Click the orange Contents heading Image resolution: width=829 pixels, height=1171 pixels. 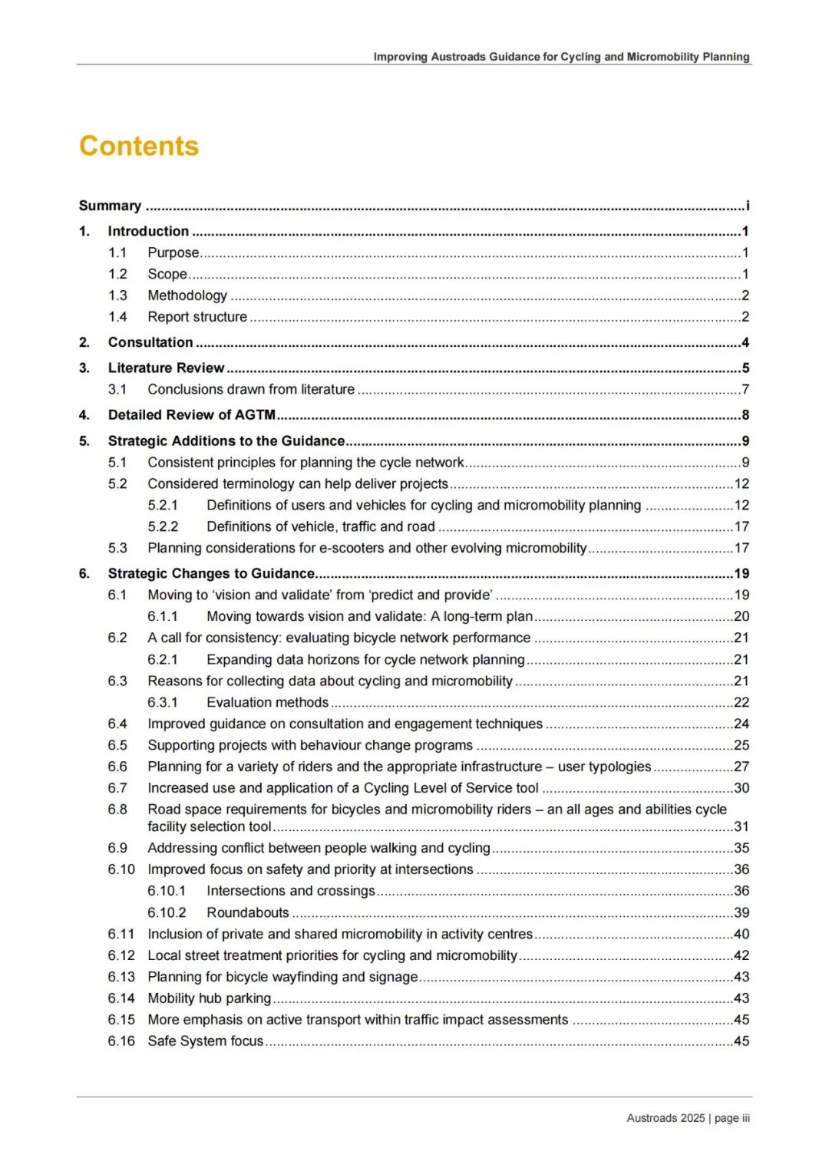pyautogui.click(x=139, y=146)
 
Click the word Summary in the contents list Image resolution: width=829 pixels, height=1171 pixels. pyautogui.click(x=110, y=206)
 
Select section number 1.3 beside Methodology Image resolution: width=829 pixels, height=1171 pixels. pyautogui.click(x=117, y=295)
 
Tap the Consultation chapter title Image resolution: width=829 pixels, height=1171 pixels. pyautogui.click(x=150, y=342)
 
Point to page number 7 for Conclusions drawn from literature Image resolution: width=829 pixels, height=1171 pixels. pyautogui.click(x=745, y=389)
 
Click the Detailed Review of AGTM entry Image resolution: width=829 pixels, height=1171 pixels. pyautogui.click(x=191, y=415)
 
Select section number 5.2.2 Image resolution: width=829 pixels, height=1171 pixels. pyautogui.click(x=163, y=526)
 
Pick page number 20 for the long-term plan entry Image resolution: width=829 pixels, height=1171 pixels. pyautogui.click(x=741, y=616)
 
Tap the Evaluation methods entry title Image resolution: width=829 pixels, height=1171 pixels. pyautogui.click(x=267, y=702)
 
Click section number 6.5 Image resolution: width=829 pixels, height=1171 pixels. pyautogui.click(x=117, y=745)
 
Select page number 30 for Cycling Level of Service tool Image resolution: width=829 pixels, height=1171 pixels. pyautogui.click(x=741, y=788)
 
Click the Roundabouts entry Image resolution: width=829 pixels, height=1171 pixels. pyautogui.click(x=248, y=912)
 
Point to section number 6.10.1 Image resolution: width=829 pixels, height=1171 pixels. pyautogui.click(x=167, y=891)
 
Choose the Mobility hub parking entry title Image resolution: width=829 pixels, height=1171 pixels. pyautogui.click(x=210, y=998)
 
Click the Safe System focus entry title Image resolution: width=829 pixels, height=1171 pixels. pyautogui.click(x=206, y=1041)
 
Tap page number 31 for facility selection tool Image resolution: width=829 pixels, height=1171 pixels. pyautogui.click(x=741, y=826)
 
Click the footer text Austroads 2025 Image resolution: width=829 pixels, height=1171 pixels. pyautogui.click(x=666, y=1118)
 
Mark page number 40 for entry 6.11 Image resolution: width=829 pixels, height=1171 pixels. pyautogui.click(x=741, y=934)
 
